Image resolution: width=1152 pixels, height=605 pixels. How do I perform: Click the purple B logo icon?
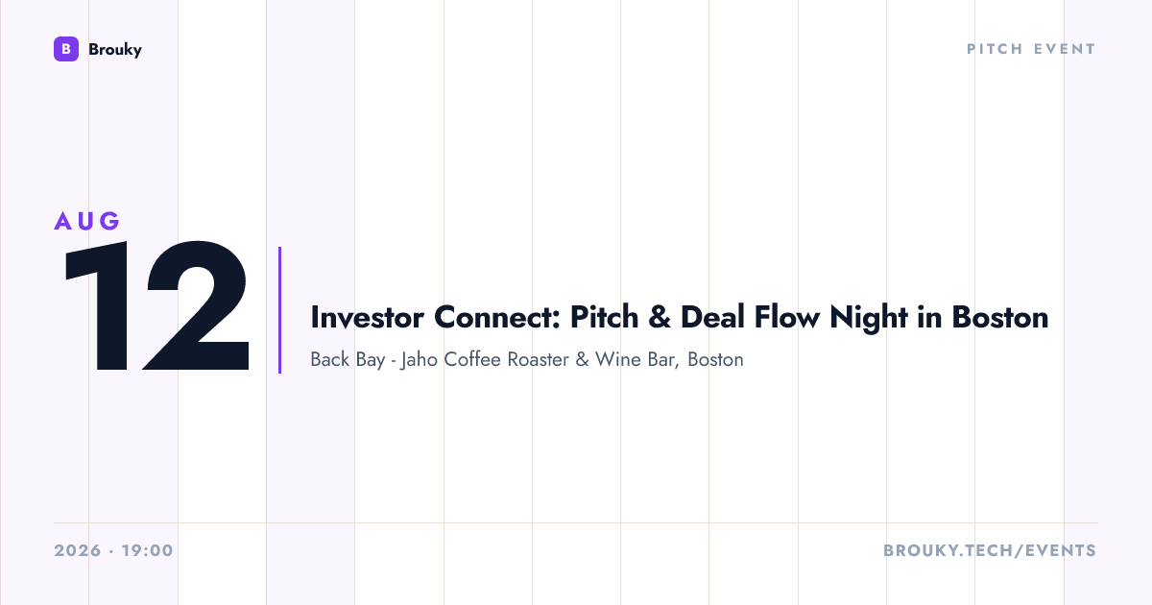point(66,49)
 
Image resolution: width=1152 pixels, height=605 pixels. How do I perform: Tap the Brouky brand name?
point(115,50)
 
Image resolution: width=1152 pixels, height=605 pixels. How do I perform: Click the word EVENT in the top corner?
point(1065,49)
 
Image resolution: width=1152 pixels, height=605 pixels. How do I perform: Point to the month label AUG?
point(87,221)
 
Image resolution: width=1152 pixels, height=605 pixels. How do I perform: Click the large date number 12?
point(156,305)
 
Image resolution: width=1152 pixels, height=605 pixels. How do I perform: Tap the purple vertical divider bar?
point(279,310)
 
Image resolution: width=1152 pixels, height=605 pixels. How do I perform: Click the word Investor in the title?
point(367,317)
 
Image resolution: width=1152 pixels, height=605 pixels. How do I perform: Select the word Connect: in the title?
point(497,317)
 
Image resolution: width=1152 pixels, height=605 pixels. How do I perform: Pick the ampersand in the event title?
point(660,317)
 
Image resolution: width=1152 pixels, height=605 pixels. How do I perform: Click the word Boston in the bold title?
point(999,317)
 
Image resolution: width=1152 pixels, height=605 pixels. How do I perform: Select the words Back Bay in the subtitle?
point(348,360)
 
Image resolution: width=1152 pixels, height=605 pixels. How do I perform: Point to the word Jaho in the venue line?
point(420,360)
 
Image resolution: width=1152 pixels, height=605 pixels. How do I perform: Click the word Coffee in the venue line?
point(472,359)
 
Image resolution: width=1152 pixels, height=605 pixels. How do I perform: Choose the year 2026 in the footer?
point(78,550)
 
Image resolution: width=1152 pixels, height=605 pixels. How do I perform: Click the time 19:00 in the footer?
point(148,550)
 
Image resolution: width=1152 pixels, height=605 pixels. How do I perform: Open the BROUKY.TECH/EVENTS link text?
point(990,550)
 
